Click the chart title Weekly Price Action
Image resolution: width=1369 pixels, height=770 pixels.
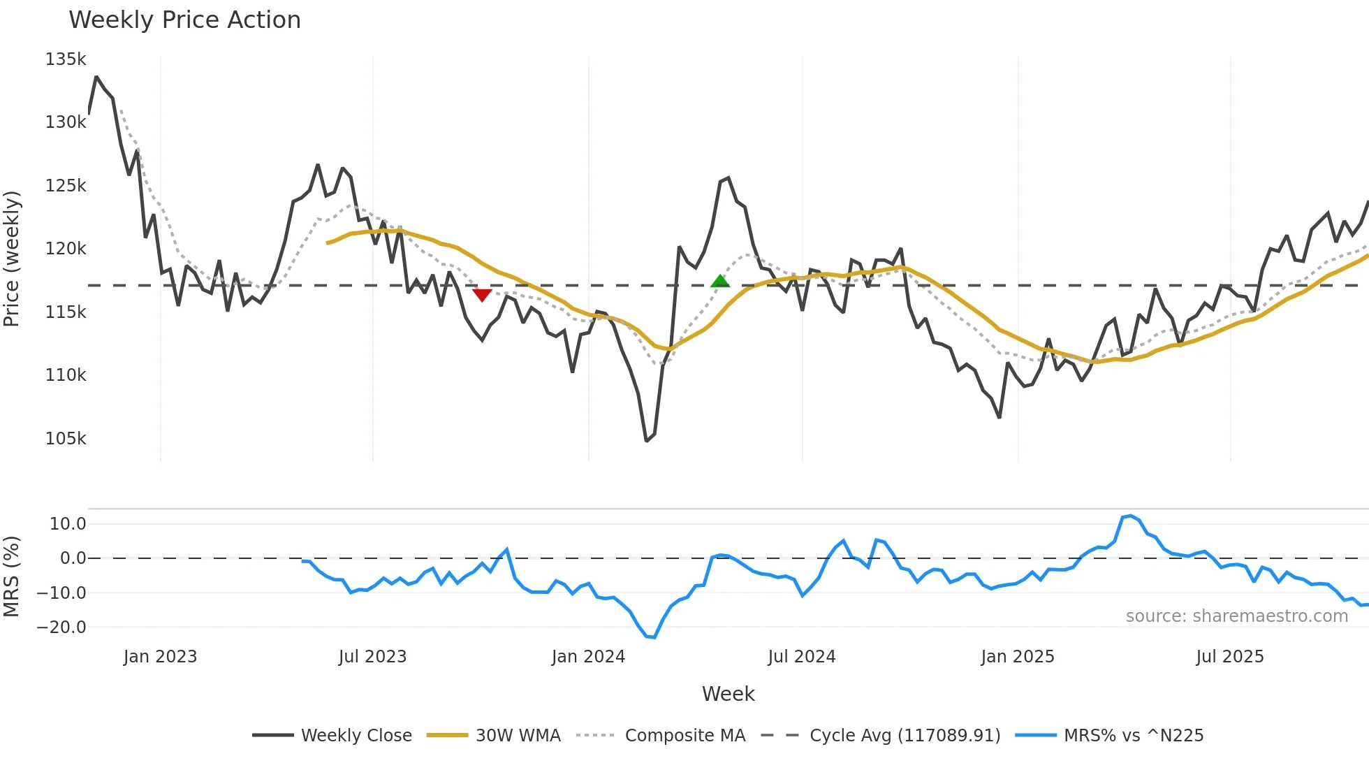[184, 20]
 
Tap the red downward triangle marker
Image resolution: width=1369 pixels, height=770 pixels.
[482, 295]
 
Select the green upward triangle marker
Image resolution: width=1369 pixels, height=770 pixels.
[720, 282]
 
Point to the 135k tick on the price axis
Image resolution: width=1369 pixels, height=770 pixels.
[66, 59]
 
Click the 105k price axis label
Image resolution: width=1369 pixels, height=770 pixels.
[66, 439]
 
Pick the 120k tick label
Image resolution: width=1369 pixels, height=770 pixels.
[66, 249]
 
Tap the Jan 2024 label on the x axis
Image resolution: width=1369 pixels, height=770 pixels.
[588, 657]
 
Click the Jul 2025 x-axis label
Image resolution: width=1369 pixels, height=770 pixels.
[1230, 657]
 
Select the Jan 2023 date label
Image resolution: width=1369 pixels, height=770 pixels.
[160, 657]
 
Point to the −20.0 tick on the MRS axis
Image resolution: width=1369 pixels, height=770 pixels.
[61, 627]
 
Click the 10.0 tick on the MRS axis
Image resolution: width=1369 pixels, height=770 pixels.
[68, 524]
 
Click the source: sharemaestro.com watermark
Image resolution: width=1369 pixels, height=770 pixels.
[1236, 616]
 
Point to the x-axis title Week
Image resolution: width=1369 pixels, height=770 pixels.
[728, 694]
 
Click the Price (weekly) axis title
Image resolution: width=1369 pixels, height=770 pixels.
[12, 259]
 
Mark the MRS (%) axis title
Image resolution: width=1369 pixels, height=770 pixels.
[12, 576]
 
